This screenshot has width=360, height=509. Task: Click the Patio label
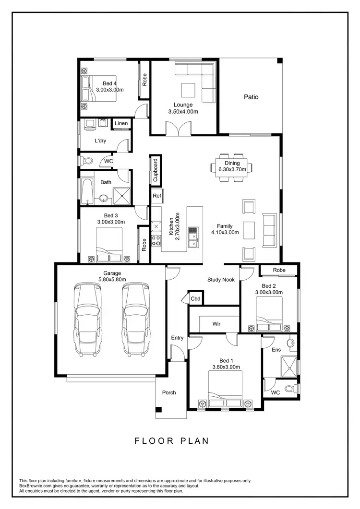tap(251, 97)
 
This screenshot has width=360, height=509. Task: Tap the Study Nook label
tap(221, 279)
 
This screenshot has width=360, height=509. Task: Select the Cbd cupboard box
tap(195, 298)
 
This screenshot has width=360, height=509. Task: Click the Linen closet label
tap(121, 124)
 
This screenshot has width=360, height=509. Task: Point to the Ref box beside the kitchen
tap(157, 196)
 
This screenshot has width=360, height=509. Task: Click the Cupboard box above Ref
tap(155, 170)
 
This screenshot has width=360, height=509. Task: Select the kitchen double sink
tap(193, 237)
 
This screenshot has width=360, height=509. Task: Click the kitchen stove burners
tap(156, 240)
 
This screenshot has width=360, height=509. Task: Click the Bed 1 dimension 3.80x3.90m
tap(226, 367)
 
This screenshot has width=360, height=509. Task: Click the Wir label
tap(216, 324)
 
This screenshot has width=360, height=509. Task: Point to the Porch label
tap(169, 392)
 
